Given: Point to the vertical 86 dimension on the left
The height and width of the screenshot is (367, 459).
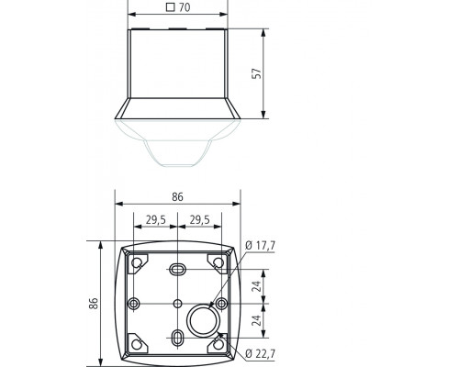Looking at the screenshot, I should point(94,303).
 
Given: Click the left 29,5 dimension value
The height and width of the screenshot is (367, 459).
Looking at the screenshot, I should point(155,219).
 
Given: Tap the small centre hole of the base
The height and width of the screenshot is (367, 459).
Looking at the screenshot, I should point(176,303).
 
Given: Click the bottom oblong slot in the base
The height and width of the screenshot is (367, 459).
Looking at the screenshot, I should point(176,340).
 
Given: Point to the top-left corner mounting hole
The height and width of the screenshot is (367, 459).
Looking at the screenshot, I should point(138,263).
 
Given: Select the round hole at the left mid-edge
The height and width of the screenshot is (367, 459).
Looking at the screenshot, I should point(135,303).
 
